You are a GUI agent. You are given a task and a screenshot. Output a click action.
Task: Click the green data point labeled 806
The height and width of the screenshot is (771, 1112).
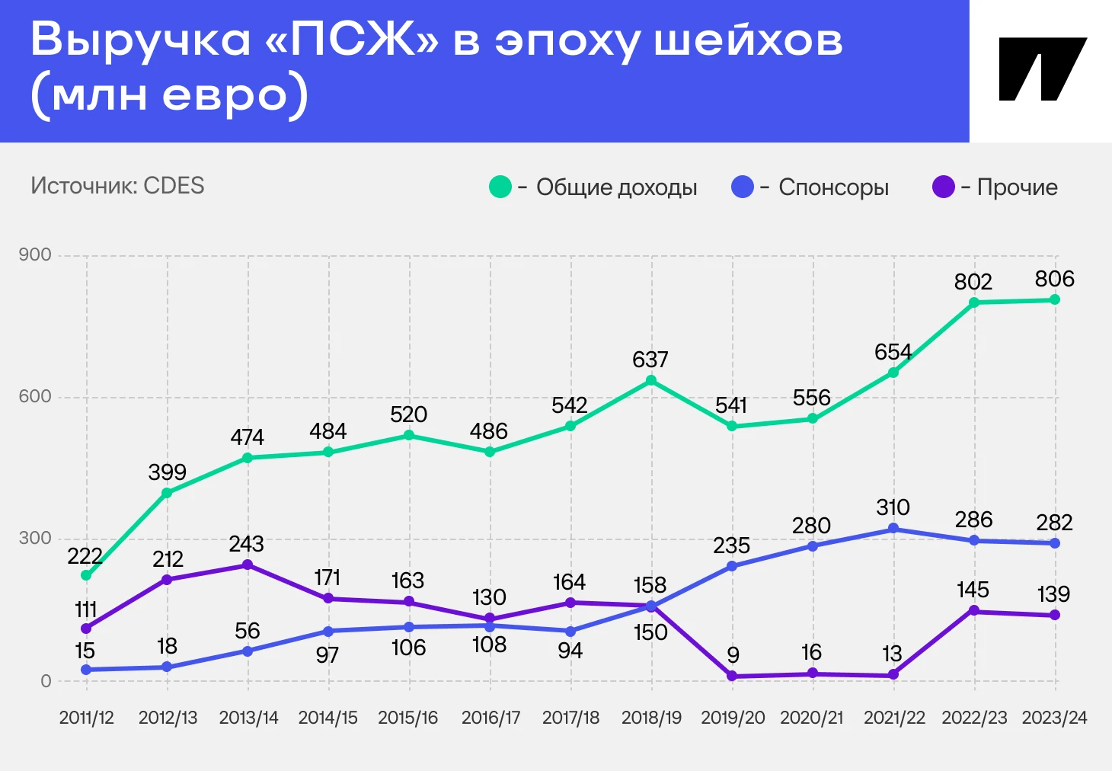tap(1055, 299)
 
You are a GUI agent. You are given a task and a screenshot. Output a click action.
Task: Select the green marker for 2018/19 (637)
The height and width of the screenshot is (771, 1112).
tap(651, 380)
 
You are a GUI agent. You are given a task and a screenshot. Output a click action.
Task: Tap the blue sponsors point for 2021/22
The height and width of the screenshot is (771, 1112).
tap(893, 529)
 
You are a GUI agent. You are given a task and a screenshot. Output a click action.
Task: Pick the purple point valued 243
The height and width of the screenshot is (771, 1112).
tap(248, 565)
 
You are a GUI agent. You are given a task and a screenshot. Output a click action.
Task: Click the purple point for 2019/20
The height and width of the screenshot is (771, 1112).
tap(732, 676)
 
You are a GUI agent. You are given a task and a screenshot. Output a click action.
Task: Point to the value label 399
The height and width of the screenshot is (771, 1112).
tap(167, 472)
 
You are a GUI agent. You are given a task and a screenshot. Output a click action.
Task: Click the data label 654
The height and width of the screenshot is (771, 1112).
tap(893, 352)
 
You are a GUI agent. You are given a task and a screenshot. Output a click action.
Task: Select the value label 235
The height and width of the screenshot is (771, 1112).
tap(731, 545)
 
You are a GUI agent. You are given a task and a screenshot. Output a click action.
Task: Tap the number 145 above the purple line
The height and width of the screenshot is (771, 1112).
tap(973, 590)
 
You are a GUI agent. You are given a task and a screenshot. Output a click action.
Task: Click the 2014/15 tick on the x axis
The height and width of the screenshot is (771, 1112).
tap(328, 718)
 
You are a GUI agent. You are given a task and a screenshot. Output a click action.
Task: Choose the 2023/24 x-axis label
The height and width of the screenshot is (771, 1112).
tap(1054, 718)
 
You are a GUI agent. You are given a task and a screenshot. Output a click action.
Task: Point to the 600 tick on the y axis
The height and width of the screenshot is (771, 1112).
tap(35, 396)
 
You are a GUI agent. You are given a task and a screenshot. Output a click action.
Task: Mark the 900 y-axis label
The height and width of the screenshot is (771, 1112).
tap(35, 254)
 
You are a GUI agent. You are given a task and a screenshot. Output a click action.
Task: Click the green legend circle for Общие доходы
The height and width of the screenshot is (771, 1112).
tap(500, 187)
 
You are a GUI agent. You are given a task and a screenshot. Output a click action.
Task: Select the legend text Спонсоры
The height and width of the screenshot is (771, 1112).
tap(833, 187)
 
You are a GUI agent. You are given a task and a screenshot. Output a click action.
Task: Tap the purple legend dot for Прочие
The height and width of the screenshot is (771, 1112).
tap(944, 187)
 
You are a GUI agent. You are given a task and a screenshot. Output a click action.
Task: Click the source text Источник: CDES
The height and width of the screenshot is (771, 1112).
tap(117, 186)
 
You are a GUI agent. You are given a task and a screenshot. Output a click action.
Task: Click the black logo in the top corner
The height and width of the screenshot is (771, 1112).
tap(1042, 69)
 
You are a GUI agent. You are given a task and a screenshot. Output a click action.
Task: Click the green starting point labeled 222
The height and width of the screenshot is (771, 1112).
tap(86, 575)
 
